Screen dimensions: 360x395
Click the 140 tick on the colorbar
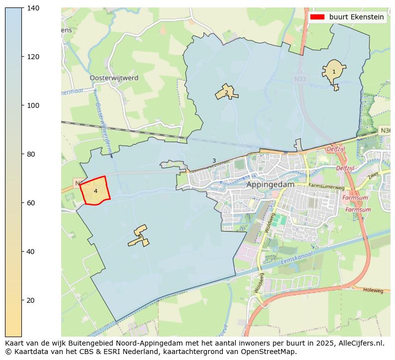click(22, 8)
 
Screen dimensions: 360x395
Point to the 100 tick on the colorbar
click(22, 105)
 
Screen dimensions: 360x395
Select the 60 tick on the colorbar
click(22, 203)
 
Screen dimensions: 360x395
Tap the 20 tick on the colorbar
click(22, 300)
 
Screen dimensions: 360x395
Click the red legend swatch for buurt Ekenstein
click(317, 17)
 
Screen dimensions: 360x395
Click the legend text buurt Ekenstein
click(356, 17)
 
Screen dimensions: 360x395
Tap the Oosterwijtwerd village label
click(114, 78)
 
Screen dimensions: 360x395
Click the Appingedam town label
click(270, 184)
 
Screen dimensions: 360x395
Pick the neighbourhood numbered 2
click(226, 92)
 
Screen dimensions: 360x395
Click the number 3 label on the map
click(214, 161)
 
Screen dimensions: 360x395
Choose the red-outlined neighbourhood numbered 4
click(95, 191)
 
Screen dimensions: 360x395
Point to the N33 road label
click(300, 79)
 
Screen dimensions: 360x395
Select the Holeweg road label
click(373, 290)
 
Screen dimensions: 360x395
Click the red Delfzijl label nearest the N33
click(336, 149)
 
